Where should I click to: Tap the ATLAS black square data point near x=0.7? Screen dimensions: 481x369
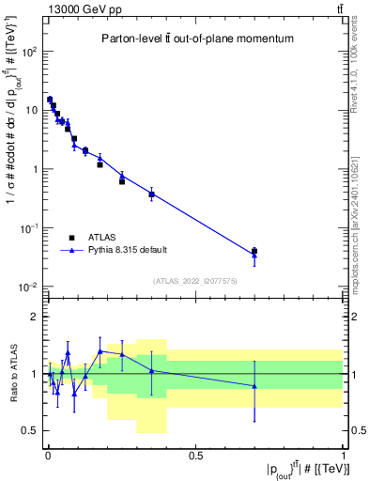point(254,251)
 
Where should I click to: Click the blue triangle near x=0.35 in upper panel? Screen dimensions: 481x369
point(151,194)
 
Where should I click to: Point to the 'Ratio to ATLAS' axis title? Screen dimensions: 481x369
point(12,374)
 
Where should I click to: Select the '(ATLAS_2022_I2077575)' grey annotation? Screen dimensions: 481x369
point(195,281)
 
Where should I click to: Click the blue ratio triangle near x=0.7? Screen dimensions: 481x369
point(254,386)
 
